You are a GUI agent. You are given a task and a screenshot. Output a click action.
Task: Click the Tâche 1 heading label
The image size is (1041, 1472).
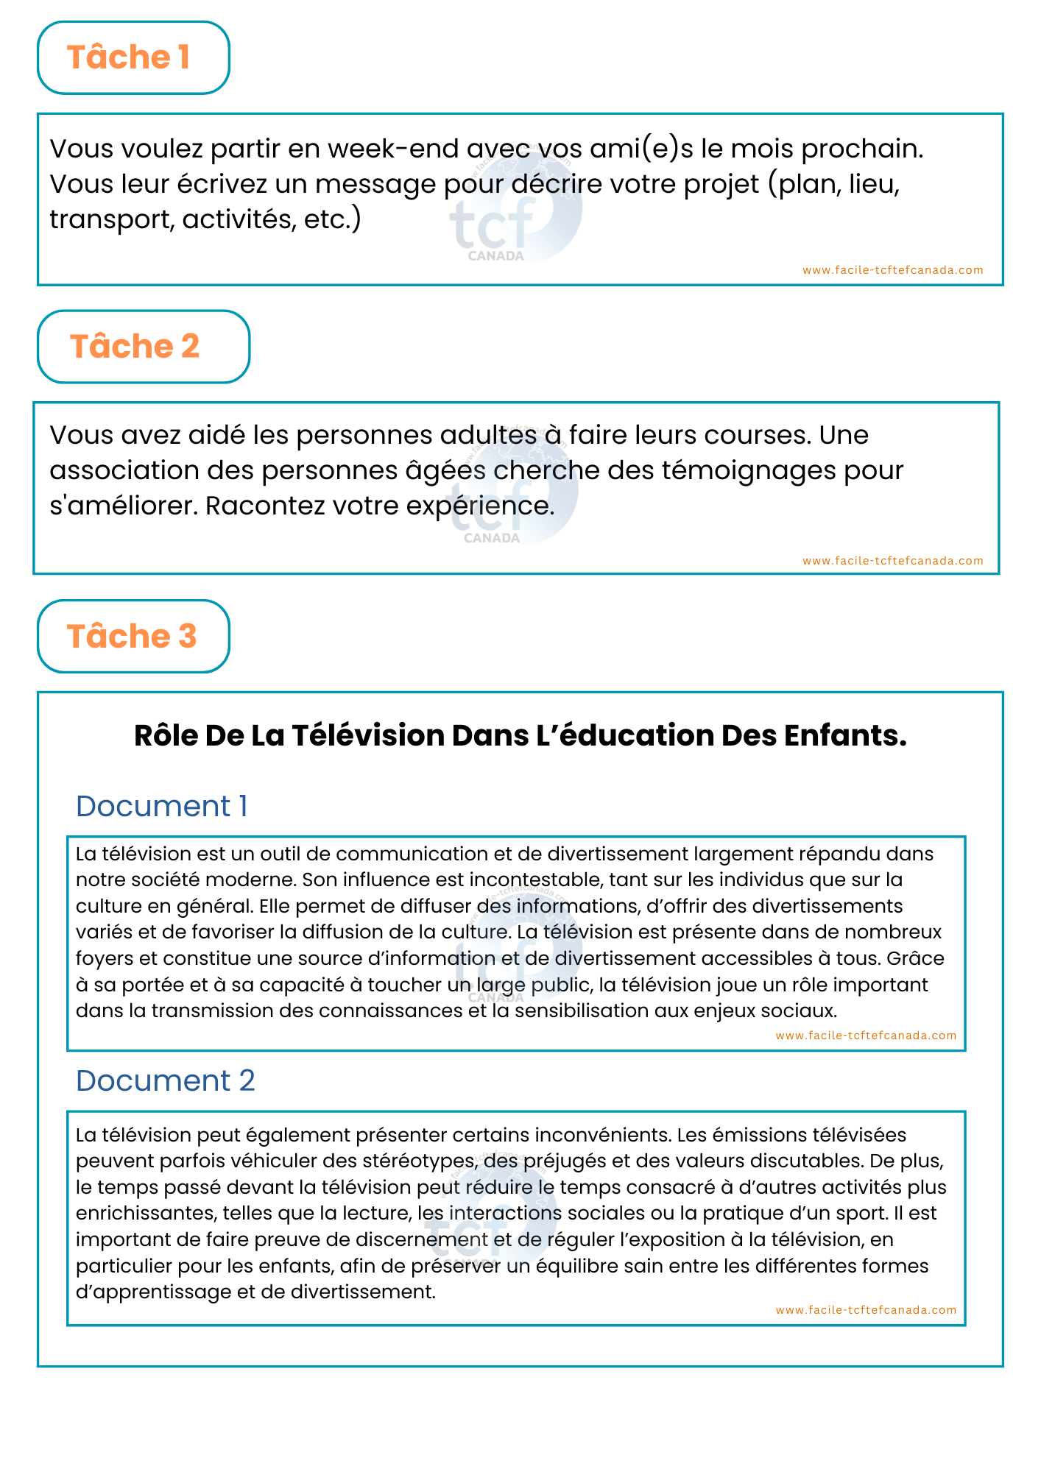pyautogui.click(x=129, y=57)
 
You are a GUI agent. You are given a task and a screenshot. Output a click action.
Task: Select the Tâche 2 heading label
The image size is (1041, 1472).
pyautogui.click(x=135, y=347)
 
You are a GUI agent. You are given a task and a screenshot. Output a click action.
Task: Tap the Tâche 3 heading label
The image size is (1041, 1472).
pyautogui.click(x=132, y=637)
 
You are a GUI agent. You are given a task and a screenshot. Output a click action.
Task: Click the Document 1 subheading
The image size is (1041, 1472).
pyautogui.click(x=162, y=806)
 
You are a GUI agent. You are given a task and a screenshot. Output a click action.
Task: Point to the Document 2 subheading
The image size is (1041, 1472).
pyautogui.click(x=166, y=1080)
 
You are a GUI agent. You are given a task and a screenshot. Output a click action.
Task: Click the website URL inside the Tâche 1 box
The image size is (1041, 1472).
pyautogui.click(x=892, y=270)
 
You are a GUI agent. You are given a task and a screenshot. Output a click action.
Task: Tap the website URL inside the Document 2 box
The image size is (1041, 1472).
pyautogui.click(x=866, y=1310)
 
